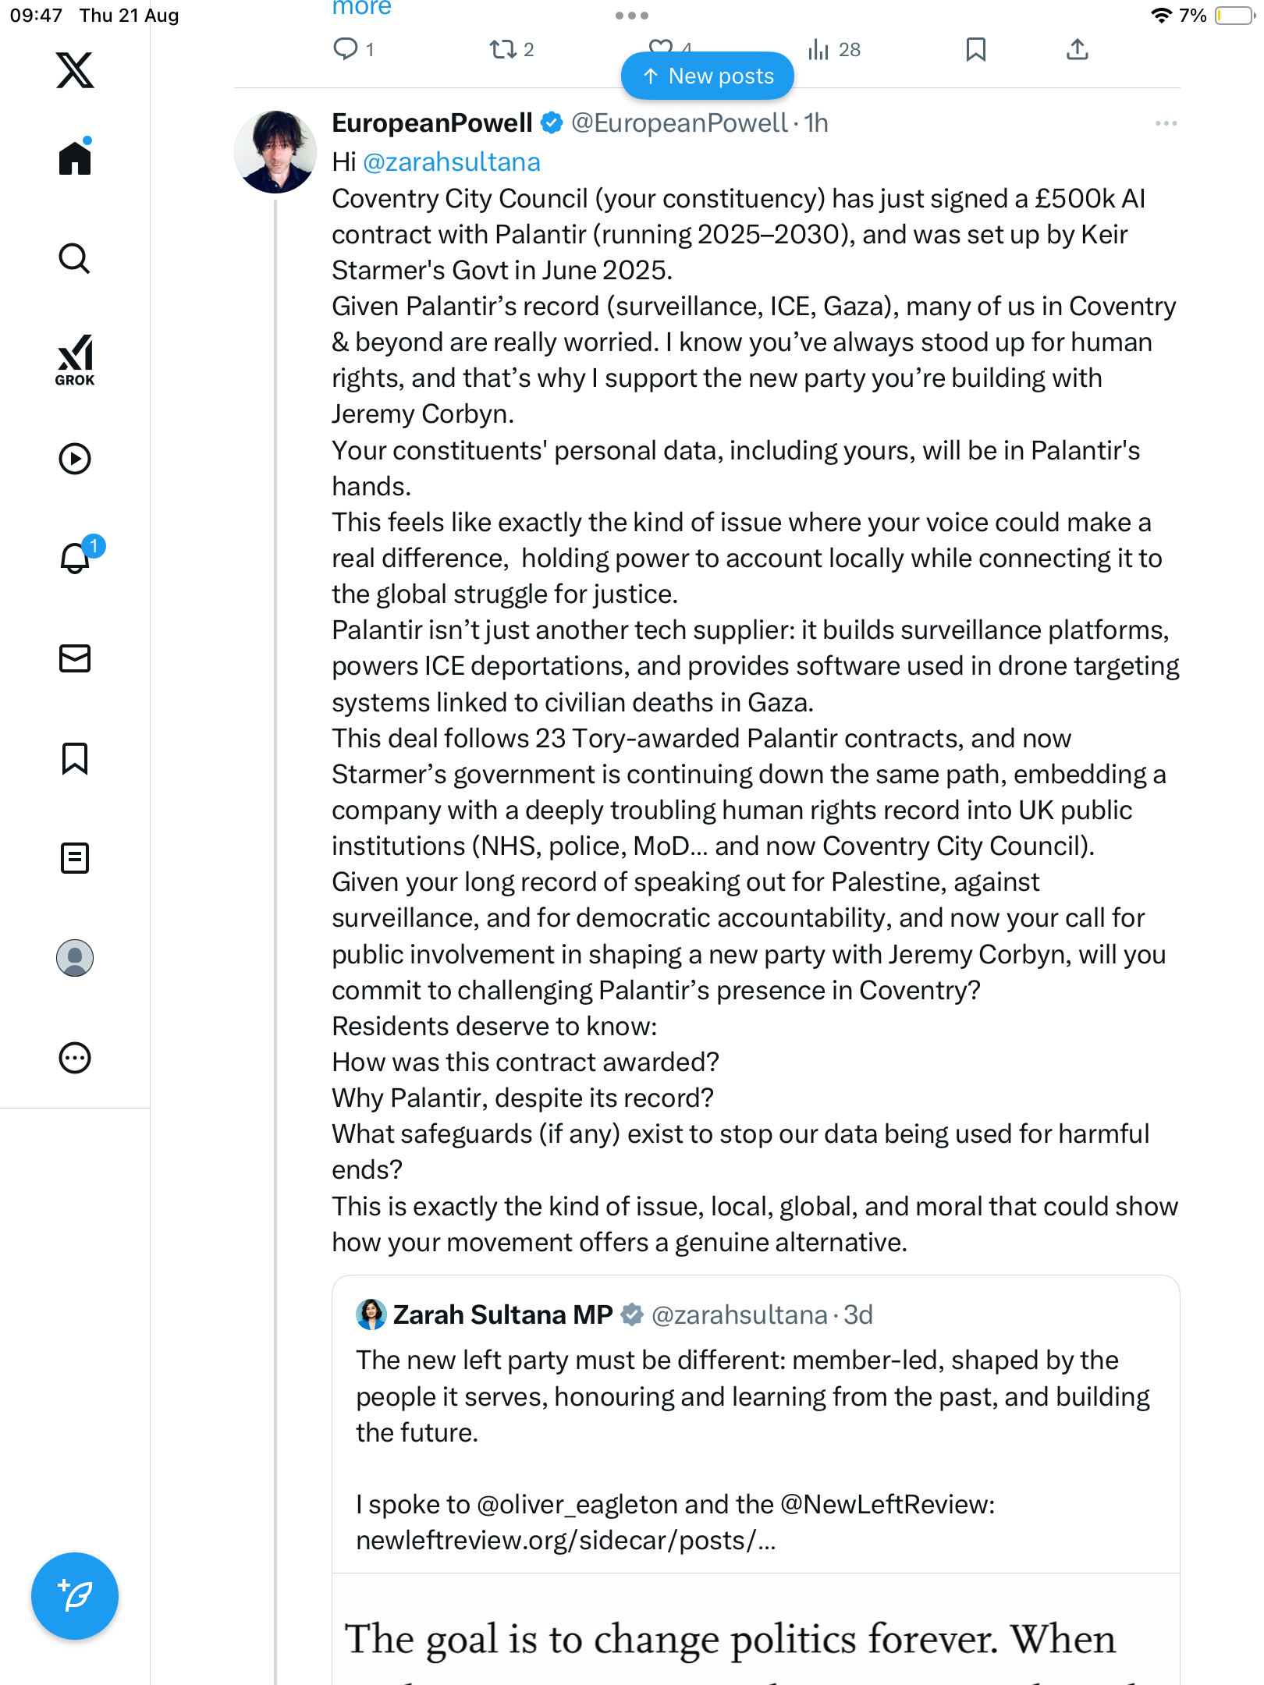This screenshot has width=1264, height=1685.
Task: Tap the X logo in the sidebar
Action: (x=75, y=70)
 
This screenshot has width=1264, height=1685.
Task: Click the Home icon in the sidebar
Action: (x=75, y=158)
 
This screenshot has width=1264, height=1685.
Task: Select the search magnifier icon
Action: (x=75, y=258)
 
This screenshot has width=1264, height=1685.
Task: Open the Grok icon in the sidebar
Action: (x=75, y=360)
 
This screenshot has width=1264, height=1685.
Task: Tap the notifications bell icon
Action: (x=75, y=558)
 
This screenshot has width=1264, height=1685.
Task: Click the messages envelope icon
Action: (x=75, y=658)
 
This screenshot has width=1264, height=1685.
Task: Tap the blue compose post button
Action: (x=75, y=1595)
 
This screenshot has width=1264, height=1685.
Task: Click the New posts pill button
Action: (x=707, y=76)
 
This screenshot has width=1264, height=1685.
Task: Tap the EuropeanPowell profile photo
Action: (x=275, y=152)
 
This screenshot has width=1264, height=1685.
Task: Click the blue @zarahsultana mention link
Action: (x=452, y=162)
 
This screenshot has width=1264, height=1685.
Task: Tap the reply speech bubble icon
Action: (x=345, y=49)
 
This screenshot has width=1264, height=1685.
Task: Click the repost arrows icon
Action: (x=502, y=50)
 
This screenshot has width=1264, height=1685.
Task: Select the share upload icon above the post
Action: (x=1077, y=50)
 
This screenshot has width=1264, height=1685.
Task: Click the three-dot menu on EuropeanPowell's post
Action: (x=1166, y=123)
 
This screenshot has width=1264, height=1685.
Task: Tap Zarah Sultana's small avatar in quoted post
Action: (x=371, y=1314)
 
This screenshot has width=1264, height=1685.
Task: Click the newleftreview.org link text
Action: (x=566, y=1541)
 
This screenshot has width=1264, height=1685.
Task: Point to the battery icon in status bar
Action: (x=1234, y=16)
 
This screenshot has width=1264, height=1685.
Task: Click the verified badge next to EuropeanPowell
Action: (x=552, y=123)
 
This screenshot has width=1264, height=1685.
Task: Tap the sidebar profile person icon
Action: (x=75, y=958)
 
